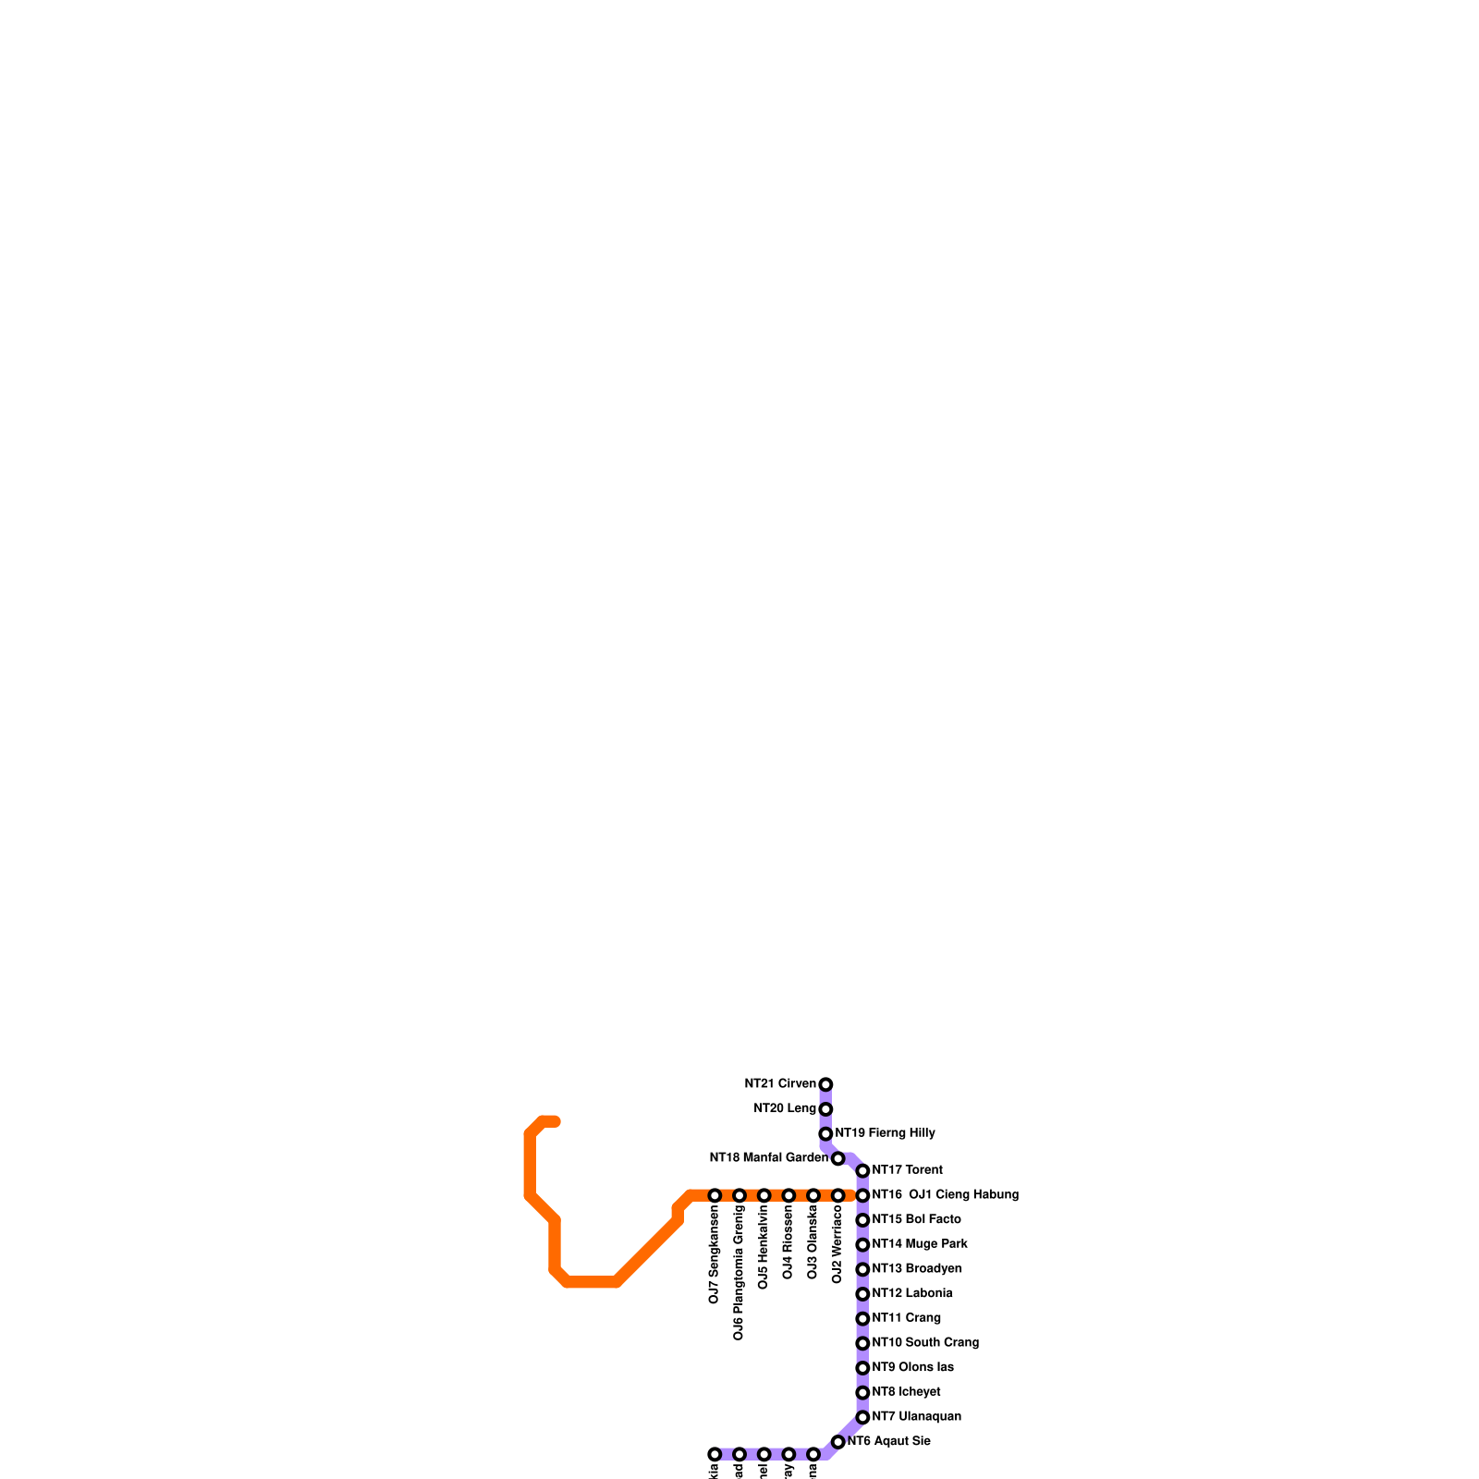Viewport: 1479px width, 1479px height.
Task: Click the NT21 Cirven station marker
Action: [x=825, y=1084]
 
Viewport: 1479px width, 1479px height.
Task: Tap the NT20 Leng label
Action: [x=785, y=1109]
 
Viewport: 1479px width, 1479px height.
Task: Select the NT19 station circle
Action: [x=825, y=1134]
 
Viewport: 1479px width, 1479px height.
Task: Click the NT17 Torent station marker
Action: [x=862, y=1171]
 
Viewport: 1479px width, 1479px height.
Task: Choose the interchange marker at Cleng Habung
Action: [x=862, y=1196]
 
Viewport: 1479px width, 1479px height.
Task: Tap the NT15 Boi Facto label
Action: [x=916, y=1220]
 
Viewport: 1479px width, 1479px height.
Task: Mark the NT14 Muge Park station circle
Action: [x=862, y=1245]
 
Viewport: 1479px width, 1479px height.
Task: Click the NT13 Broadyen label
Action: [x=916, y=1269]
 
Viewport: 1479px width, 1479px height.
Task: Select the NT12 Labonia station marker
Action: [x=862, y=1294]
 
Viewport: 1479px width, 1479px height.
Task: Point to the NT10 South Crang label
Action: [x=924, y=1343]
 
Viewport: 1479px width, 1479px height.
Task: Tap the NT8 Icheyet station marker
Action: [x=862, y=1393]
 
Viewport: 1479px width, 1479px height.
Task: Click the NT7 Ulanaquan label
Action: [x=916, y=1417]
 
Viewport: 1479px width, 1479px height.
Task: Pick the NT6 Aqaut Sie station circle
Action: [x=837, y=1442]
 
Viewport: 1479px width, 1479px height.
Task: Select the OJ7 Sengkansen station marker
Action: [x=715, y=1196]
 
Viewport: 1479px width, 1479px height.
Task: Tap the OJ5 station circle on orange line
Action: [x=764, y=1196]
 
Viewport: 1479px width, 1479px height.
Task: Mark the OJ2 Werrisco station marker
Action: [x=837, y=1196]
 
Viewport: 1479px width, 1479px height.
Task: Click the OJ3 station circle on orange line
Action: [x=813, y=1196]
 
